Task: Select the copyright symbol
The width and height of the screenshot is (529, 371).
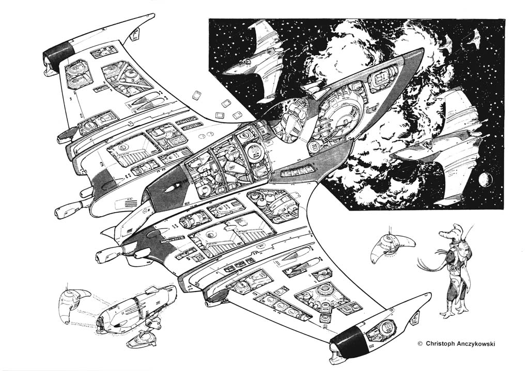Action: pos(420,343)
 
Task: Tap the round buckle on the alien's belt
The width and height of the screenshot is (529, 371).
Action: pos(452,268)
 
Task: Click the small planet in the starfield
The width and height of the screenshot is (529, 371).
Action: pos(485,180)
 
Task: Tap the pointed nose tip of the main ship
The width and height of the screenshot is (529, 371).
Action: pos(423,51)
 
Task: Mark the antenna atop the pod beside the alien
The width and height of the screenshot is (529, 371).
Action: pos(387,230)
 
